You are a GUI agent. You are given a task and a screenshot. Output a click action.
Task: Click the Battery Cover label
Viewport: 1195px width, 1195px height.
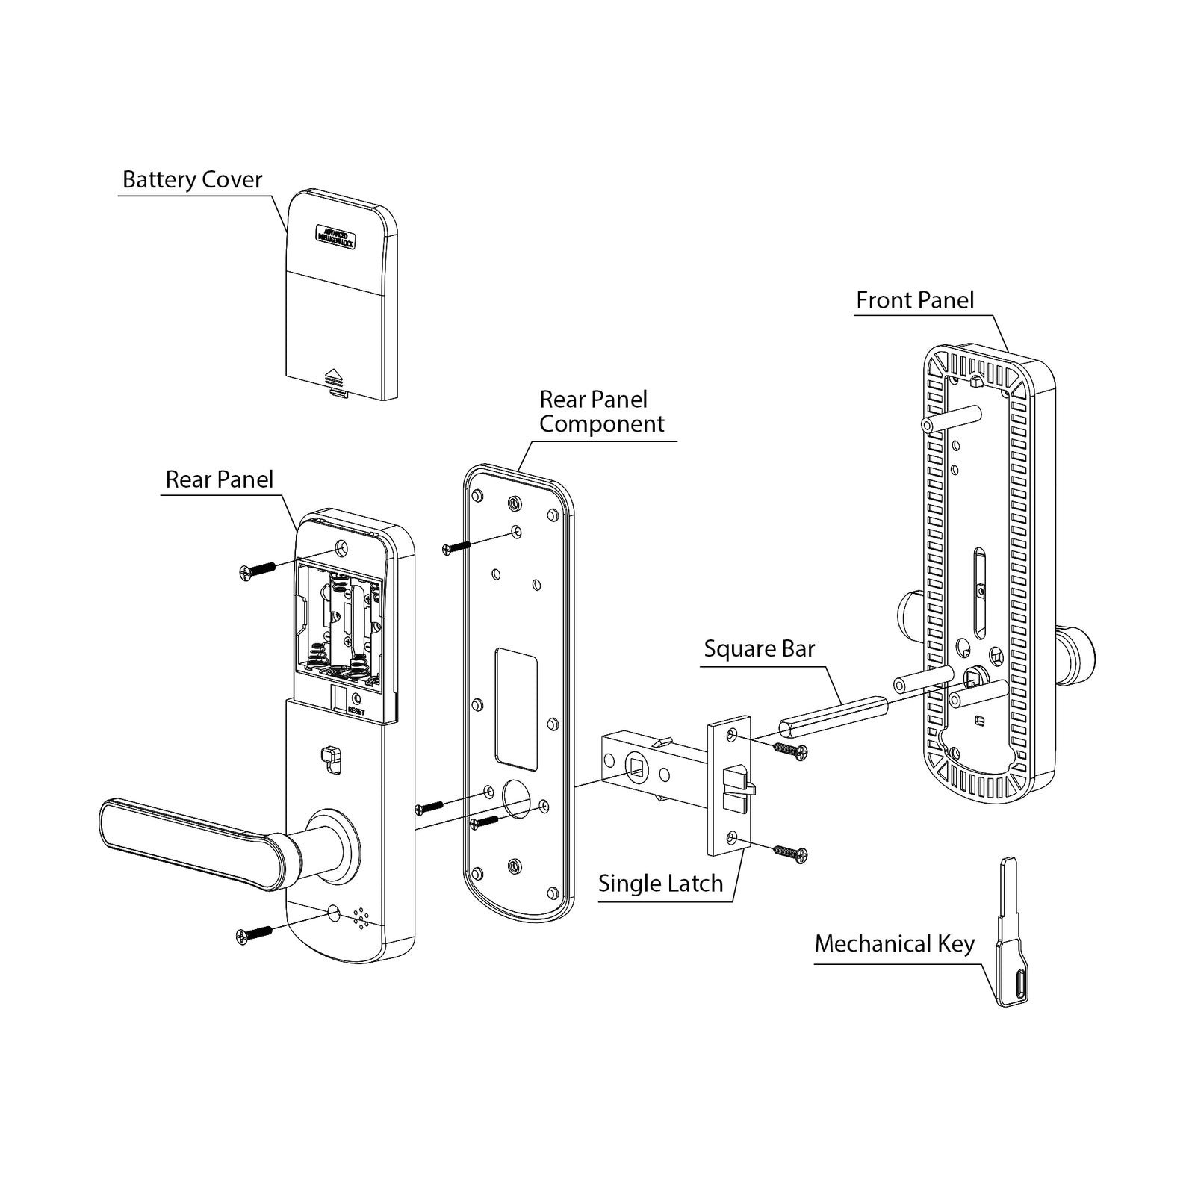(192, 180)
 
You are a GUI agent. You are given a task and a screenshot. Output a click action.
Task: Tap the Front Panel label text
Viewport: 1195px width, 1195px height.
(914, 300)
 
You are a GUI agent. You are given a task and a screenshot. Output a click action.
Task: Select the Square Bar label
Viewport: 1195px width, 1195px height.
(759, 649)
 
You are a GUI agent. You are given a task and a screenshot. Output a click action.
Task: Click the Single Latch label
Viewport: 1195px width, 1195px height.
(660, 884)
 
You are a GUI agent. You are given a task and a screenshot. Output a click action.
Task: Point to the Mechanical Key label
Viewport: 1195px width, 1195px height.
(894, 944)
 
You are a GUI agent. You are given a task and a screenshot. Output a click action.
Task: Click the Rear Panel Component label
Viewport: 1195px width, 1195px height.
(600, 412)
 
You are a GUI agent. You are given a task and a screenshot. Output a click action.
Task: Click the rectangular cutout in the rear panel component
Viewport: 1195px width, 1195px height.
(516, 708)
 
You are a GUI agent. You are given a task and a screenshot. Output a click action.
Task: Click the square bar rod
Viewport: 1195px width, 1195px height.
(831, 713)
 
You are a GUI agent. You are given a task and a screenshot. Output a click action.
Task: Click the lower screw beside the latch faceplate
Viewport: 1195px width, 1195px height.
(790, 853)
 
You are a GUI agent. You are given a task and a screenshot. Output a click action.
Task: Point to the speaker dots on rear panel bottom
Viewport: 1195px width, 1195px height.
(361, 919)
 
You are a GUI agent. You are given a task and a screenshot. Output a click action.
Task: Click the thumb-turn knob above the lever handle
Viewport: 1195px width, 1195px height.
(329, 756)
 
